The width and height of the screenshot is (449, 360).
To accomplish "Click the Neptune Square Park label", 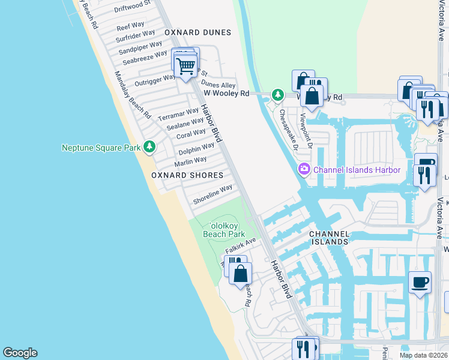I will click(x=101, y=147).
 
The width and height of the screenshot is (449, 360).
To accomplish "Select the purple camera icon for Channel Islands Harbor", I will click(x=304, y=170).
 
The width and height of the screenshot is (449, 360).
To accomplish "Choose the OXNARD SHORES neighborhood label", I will click(x=187, y=175).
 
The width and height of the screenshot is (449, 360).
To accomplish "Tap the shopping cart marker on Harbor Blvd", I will click(x=187, y=65).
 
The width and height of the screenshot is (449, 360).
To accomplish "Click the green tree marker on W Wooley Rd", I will click(x=277, y=94).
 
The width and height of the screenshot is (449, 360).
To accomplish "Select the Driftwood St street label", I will click(x=133, y=7).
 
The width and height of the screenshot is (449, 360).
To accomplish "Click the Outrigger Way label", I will click(x=155, y=78).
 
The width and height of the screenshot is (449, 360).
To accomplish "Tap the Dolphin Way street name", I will click(x=196, y=148).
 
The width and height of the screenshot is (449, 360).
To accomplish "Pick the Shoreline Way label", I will click(x=212, y=194).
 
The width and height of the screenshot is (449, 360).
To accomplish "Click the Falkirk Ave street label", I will click(x=241, y=245).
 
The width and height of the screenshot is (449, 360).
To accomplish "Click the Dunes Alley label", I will click(x=218, y=85).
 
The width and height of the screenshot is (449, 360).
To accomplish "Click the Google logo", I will click(x=20, y=353).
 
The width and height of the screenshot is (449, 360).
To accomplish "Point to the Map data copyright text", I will click(x=423, y=355).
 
